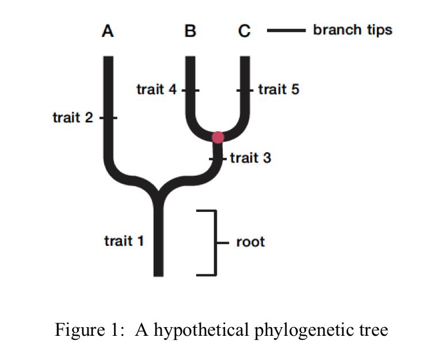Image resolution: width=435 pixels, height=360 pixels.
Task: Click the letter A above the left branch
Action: click(x=108, y=31)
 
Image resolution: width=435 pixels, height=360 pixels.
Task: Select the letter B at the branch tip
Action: click(x=190, y=31)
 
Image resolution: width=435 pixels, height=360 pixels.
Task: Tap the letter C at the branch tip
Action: click(x=245, y=31)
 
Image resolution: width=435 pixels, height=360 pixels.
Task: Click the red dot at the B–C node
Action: click(x=218, y=137)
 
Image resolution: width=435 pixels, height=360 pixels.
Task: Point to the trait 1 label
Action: click(x=124, y=240)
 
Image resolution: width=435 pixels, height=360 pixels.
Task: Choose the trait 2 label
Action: click(x=72, y=118)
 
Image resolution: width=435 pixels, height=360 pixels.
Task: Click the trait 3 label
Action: click(x=250, y=157)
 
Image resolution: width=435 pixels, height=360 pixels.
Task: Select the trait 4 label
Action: click(x=156, y=90)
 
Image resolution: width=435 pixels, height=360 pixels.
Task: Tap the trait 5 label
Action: click(x=278, y=90)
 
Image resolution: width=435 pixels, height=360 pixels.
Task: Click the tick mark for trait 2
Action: click(x=108, y=118)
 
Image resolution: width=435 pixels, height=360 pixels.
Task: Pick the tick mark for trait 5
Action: click(x=245, y=90)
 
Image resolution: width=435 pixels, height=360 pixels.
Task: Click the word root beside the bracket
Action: click(x=250, y=241)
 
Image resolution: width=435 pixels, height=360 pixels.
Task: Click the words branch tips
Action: click(x=352, y=30)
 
